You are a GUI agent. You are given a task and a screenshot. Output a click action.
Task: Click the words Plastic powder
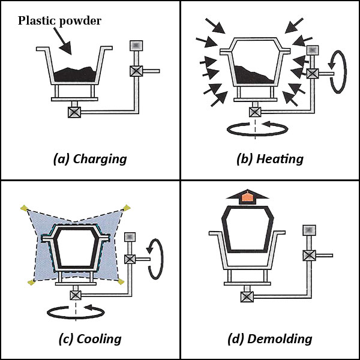pos(59,21)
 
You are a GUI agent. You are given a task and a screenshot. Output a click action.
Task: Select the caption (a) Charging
pos(90,159)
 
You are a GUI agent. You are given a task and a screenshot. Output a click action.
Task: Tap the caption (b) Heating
pos(270,159)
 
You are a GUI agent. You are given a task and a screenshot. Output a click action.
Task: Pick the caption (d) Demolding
pos(270,339)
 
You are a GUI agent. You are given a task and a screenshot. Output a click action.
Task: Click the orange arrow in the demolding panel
pos(247,197)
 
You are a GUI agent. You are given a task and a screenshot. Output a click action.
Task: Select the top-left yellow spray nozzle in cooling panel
pos(23,208)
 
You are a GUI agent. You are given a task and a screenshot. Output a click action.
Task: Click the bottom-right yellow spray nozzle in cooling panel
pos(122,281)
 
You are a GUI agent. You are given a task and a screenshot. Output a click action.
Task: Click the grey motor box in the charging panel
pos(136,46)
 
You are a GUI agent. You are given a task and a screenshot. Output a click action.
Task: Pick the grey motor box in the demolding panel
pos(308,230)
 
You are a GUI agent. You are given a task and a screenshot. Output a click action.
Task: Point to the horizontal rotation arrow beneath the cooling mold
pos(73,310)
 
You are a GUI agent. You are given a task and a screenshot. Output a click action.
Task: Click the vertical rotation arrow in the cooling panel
pos(154,259)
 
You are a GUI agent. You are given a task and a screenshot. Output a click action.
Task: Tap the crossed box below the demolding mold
pos(247,295)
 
